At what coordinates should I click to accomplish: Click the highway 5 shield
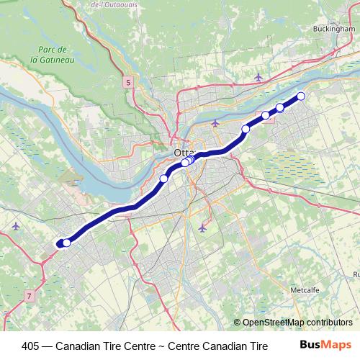[127, 84]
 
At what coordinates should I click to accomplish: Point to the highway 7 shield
[30, 296]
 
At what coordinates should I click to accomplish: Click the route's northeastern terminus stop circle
[301, 96]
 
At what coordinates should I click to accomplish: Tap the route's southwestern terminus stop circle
[66, 243]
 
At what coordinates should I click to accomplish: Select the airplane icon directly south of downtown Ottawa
[202, 228]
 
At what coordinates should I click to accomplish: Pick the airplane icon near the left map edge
[16, 226]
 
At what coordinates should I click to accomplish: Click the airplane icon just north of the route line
[215, 124]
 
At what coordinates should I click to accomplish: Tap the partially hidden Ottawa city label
[183, 153]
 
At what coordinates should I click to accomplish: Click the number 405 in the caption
[32, 346]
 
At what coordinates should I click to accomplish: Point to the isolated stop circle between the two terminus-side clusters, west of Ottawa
[164, 178]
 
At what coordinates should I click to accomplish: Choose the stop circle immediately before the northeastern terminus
[280, 108]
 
